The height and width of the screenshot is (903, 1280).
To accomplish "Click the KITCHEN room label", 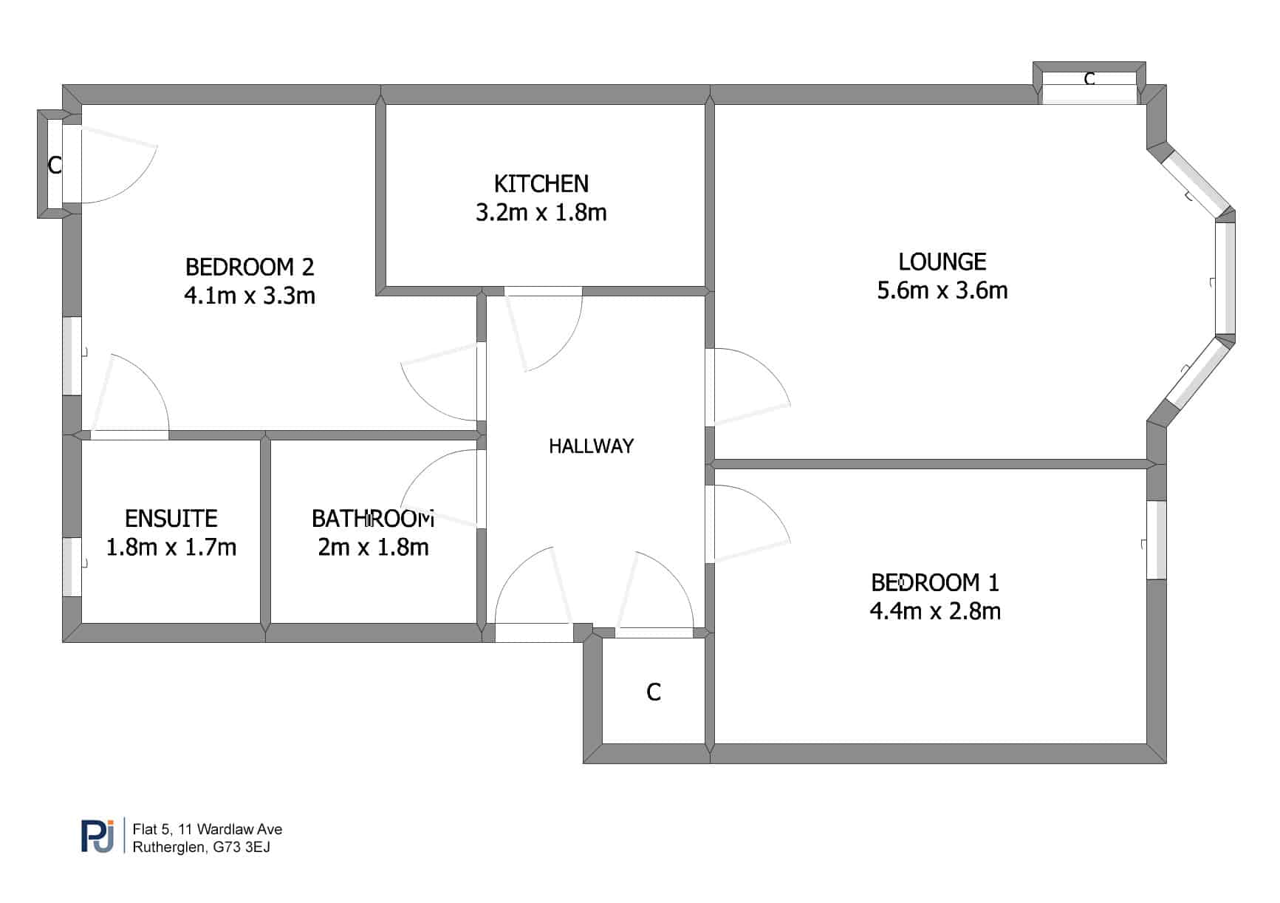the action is coord(541,183).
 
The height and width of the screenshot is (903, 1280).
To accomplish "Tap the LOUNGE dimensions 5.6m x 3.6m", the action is coord(942,290).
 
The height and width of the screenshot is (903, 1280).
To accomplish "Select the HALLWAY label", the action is coord(591,446).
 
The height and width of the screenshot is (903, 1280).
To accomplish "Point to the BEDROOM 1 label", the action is coord(935,582).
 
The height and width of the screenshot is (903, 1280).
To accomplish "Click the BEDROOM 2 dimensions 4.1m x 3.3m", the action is coord(250,296).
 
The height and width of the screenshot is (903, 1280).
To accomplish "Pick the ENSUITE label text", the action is coord(171,518).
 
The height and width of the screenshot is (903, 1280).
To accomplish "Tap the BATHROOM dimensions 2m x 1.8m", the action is coord(373,547).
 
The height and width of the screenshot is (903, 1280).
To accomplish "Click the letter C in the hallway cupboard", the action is coord(654,692).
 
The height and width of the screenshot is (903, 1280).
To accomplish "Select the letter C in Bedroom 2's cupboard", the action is coord(54,165).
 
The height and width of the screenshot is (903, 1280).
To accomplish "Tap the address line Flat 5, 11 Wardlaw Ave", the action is coord(208,829).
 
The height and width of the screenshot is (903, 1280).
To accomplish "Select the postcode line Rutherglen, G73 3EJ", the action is coord(202,847).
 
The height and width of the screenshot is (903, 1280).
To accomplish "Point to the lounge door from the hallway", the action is coord(747,386).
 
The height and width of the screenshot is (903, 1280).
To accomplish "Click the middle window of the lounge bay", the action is coord(1225,278).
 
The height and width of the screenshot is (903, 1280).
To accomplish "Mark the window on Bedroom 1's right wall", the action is coord(1156,540).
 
